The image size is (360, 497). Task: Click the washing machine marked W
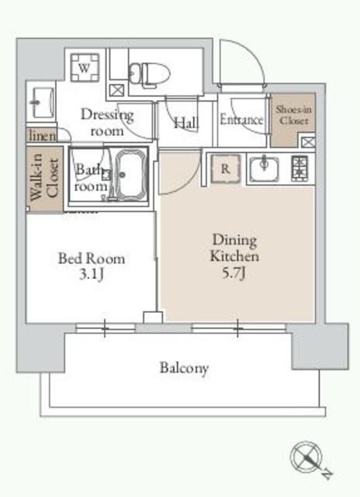[85, 68]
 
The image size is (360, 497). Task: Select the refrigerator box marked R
[226, 169]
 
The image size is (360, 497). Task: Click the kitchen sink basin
[264, 169]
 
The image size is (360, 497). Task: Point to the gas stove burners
[299, 169]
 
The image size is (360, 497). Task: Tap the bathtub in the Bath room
[131, 175]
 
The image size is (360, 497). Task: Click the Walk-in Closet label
[44, 177]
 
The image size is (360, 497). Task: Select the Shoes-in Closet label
[293, 115]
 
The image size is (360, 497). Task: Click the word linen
[42, 136]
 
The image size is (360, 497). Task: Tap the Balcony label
[184, 367]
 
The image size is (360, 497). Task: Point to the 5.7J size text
[234, 273]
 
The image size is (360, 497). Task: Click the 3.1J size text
[92, 274]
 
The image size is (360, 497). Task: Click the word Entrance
[241, 120]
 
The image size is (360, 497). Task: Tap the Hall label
[186, 123]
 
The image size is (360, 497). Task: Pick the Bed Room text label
[92, 259]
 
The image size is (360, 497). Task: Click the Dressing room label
[107, 123]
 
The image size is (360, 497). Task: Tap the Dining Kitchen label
[234, 248]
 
